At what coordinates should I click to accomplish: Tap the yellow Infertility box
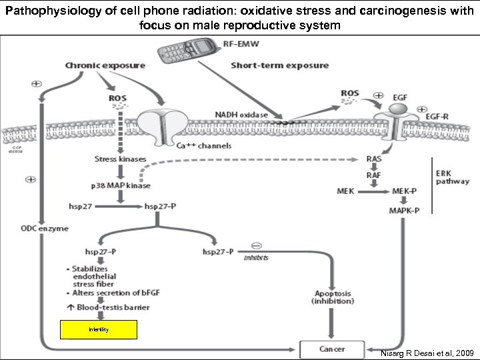tap(99, 330)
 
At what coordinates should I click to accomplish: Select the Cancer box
tap(331, 349)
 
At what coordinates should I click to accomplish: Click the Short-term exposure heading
tap(279, 65)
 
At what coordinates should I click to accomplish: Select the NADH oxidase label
tap(241, 115)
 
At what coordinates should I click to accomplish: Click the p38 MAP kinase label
tap(120, 185)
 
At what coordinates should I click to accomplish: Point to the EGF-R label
tap(437, 116)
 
